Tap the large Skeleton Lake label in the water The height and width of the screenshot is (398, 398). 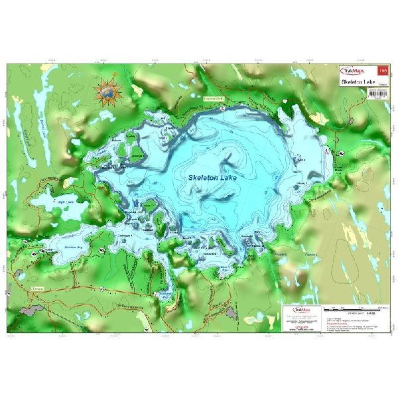click(x=212, y=178)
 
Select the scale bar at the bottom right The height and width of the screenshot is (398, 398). click(x=351, y=312)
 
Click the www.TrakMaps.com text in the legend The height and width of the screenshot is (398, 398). click(x=297, y=328)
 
